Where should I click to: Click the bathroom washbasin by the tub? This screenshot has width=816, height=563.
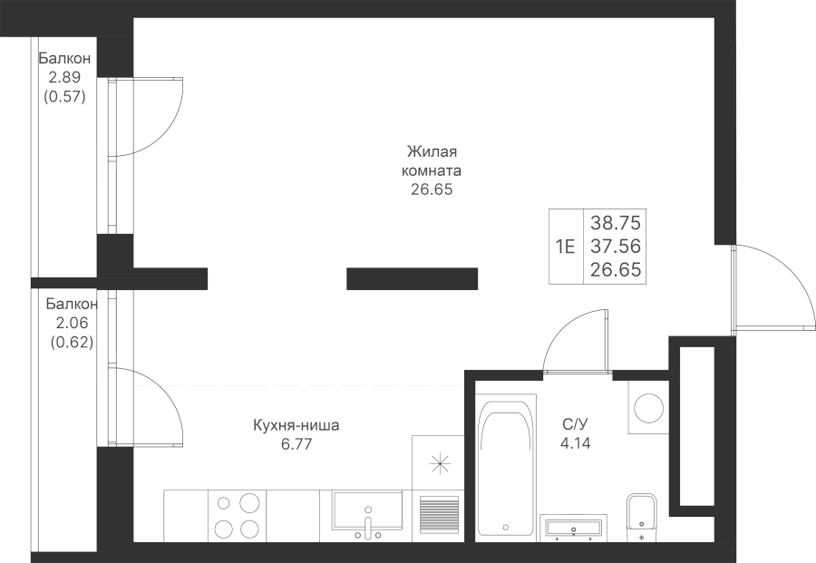tap(572, 528)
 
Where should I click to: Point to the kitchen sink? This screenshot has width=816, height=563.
tap(367, 511)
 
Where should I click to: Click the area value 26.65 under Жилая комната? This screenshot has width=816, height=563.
tap(431, 190)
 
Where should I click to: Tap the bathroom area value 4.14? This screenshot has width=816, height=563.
tap(574, 444)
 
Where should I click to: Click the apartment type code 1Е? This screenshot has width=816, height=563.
tap(566, 246)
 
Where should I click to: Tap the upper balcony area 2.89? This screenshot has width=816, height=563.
tap(64, 79)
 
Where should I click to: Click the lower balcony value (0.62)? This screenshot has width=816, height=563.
tap(73, 341)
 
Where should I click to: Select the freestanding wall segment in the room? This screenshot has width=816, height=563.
tap(413, 279)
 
